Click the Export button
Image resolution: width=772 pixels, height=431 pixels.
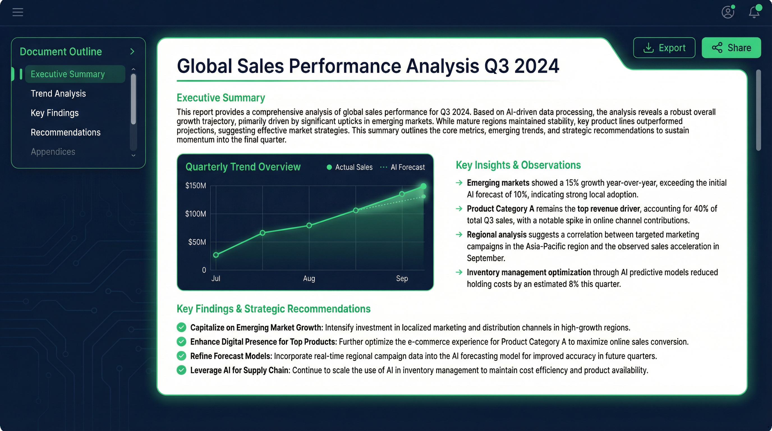[664, 48]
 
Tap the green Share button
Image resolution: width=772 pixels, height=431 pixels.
[731, 48]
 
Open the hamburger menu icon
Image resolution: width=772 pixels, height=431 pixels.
[18, 12]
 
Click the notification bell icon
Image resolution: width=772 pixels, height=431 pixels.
[754, 12]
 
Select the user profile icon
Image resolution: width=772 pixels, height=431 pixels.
[728, 12]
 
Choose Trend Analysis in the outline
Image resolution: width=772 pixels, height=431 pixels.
[58, 93]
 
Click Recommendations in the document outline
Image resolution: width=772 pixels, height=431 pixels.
[65, 132]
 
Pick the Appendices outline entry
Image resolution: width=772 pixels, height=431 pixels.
[53, 152]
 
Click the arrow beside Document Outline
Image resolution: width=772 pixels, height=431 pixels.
[132, 52]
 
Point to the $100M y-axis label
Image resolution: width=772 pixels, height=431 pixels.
[196, 214]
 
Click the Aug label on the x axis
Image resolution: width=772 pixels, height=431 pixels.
[309, 278]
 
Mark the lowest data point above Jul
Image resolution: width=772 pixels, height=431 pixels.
[216, 255]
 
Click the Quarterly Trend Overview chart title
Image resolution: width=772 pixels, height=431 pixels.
[243, 167]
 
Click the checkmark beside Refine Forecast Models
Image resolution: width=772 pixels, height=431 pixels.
[181, 356]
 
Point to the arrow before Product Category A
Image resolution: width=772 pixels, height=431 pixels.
[459, 208]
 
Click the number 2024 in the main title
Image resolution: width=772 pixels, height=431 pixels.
[536, 66]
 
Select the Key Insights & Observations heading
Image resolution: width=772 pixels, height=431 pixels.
[518, 165]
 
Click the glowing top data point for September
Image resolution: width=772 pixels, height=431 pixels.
[423, 186]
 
